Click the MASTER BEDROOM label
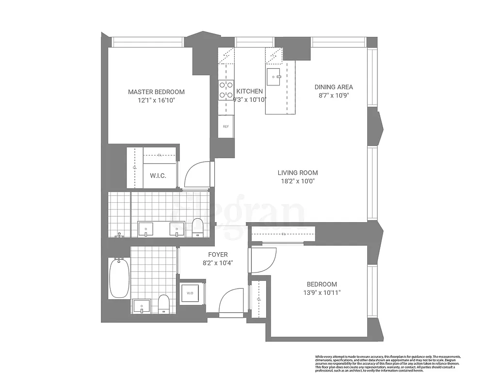pos(156,92)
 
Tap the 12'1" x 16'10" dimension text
pos(156,100)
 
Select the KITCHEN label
pos(250,91)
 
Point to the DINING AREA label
pos(334,87)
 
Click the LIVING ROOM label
pos(298,173)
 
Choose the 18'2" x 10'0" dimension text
pos(298,181)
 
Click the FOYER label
pos(218,254)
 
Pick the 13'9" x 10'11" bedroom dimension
pos(322,293)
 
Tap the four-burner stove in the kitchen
pos(226,89)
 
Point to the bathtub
pos(119,278)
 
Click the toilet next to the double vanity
pos(197,227)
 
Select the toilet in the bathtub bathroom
pos(164,304)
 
